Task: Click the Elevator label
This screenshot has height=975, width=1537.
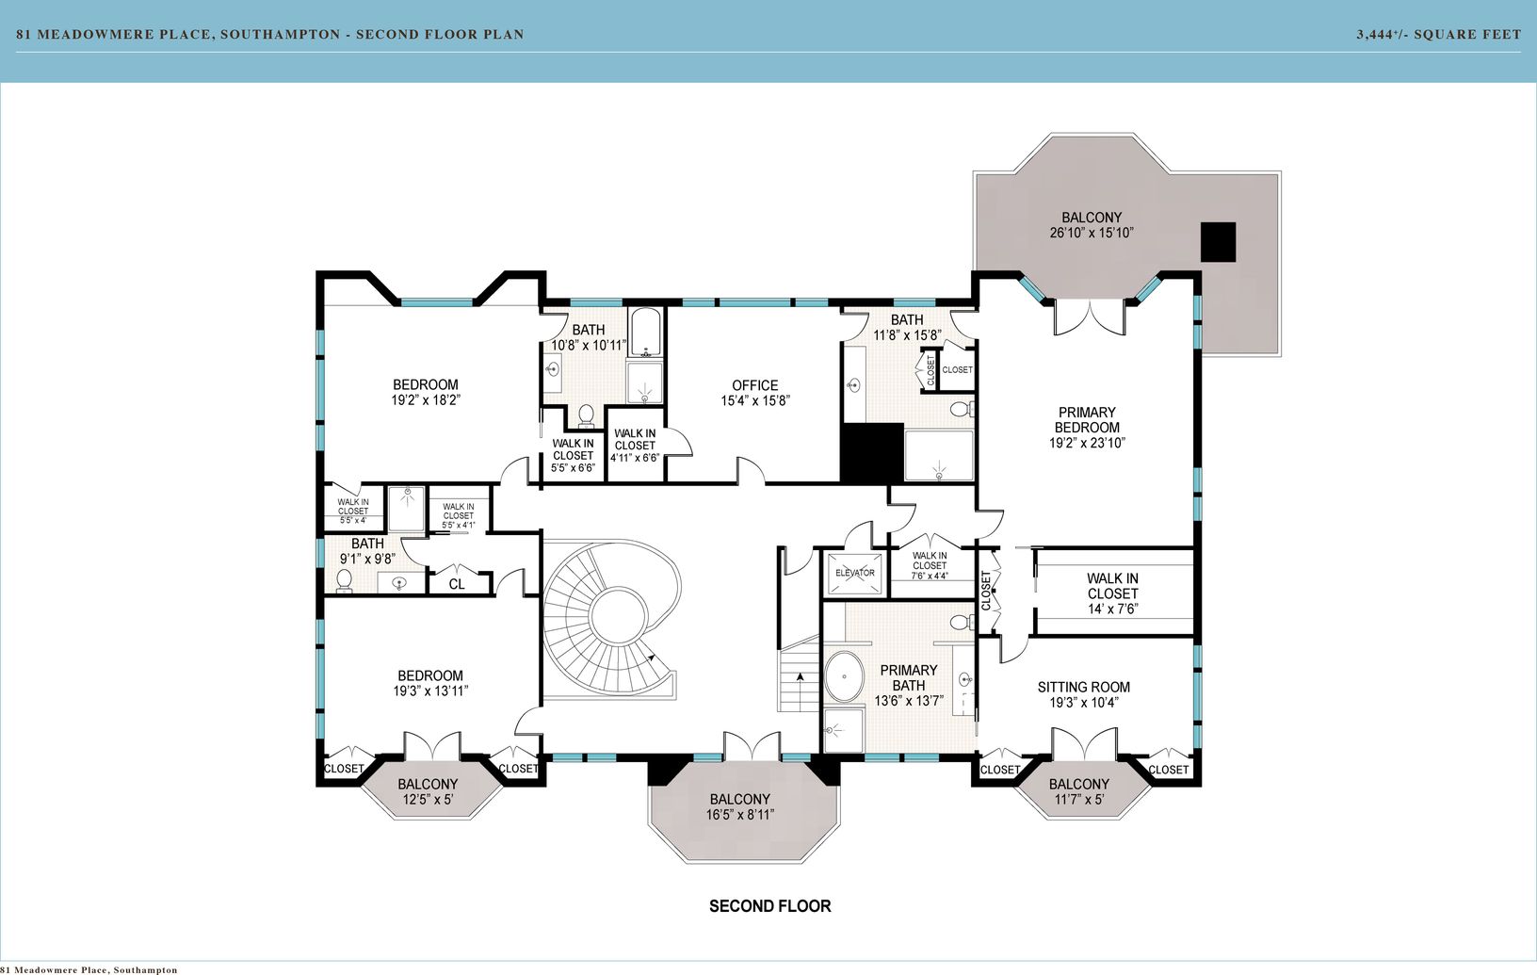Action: pyautogui.click(x=855, y=573)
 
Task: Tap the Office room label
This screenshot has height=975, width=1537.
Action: pyautogui.click(x=754, y=385)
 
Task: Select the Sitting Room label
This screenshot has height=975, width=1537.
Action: pyautogui.click(x=1083, y=687)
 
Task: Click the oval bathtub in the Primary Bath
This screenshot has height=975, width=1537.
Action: pyautogui.click(x=843, y=676)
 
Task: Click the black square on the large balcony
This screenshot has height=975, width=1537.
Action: pyautogui.click(x=1218, y=242)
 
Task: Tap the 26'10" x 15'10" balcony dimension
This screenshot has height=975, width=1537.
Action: pyautogui.click(x=1091, y=233)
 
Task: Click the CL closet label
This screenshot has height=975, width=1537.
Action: pyautogui.click(x=456, y=585)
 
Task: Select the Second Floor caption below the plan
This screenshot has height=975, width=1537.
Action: pyautogui.click(x=769, y=906)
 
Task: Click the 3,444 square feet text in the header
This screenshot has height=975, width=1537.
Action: pyautogui.click(x=1438, y=34)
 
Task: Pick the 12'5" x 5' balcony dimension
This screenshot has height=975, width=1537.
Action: pyautogui.click(x=427, y=800)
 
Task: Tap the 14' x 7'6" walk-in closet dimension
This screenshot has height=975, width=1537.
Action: pyautogui.click(x=1112, y=609)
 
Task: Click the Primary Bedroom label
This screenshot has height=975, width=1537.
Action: pyautogui.click(x=1087, y=420)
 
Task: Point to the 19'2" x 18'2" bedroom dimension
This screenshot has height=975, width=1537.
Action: pyautogui.click(x=426, y=400)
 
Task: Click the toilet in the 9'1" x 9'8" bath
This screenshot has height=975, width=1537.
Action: pyautogui.click(x=344, y=580)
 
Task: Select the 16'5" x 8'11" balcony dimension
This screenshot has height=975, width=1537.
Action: pyautogui.click(x=739, y=815)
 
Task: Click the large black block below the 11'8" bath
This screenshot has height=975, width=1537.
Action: pyautogui.click(x=872, y=453)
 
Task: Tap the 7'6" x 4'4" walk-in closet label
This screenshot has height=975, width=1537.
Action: pyautogui.click(x=929, y=565)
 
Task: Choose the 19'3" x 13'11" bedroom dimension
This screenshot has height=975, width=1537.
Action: pyautogui.click(x=430, y=691)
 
